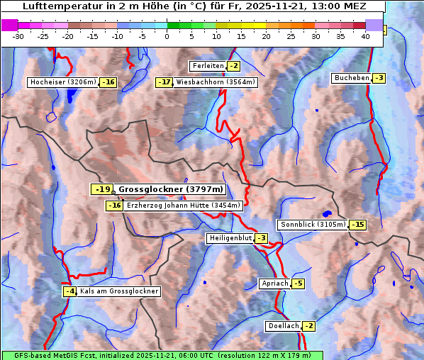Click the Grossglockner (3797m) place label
point(171,189)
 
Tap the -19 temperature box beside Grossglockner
point(102,189)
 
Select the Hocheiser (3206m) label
point(62,82)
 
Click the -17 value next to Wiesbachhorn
point(164,82)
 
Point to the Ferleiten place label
point(208,66)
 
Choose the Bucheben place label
point(352,77)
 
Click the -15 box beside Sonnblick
point(358,225)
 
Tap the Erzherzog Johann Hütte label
point(184,206)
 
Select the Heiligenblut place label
point(230,238)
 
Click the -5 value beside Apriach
point(298,283)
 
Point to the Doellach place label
point(284,326)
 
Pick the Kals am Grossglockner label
point(118,291)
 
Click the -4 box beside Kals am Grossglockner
point(69,291)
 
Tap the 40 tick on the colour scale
point(365,36)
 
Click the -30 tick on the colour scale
point(18,36)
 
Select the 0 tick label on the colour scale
point(167,36)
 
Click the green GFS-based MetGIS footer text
point(162,355)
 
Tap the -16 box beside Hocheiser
point(108,82)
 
